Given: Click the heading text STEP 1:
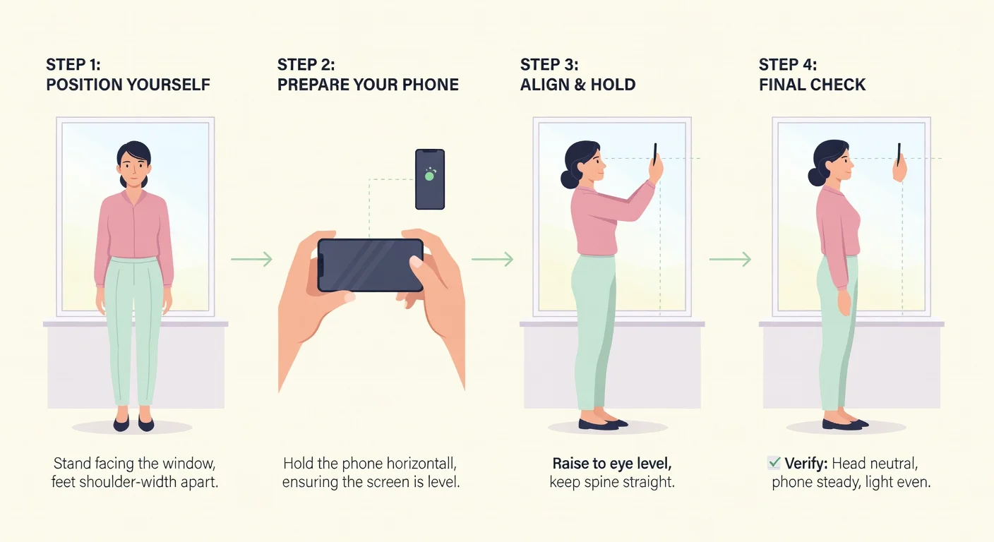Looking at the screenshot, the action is point(73,65).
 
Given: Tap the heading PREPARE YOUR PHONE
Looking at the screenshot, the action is point(368,85).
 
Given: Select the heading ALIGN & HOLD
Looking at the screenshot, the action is point(577,85).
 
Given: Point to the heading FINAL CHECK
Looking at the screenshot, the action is point(812,85).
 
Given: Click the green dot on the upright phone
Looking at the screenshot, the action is point(429,176).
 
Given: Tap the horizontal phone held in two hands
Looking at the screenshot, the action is point(370,265).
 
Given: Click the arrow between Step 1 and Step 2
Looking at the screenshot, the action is point(251,259).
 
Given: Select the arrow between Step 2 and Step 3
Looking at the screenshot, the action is point(492,259).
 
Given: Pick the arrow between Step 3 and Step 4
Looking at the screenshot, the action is point(730,259).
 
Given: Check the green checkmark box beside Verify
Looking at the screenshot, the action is point(774,463).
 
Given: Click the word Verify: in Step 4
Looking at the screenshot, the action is point(806,464).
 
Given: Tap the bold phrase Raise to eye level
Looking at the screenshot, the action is point(612,464).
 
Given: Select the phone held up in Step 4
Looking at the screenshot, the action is point(899,155).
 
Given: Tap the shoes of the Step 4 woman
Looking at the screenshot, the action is point(845,424).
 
